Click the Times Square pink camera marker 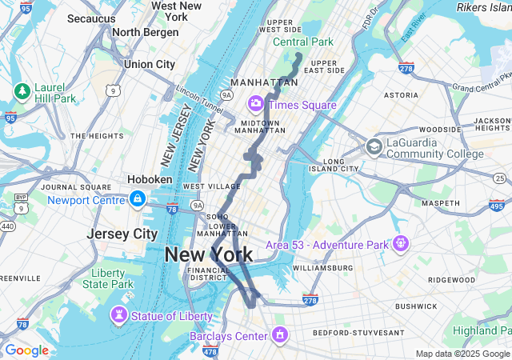point(256,102)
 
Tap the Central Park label point(302,42)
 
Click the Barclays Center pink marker point(279,334)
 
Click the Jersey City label point(122,234)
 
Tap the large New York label point(209,255)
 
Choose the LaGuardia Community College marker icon point(374,147)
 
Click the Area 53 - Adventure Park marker point(401,242)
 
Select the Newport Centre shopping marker point(138,198)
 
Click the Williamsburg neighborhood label point(323,267)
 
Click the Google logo point(26,350)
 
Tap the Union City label point(150,64)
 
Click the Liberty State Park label point(108,278)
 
